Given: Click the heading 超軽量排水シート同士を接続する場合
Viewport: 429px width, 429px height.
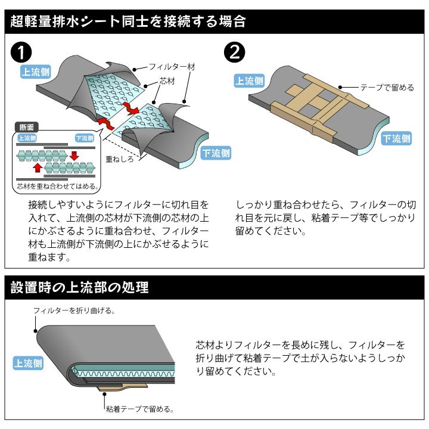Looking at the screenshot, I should [128, 22].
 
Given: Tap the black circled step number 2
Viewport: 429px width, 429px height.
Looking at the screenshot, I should [233, 52].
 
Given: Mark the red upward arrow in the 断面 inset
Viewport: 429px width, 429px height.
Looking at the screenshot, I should [38, 167].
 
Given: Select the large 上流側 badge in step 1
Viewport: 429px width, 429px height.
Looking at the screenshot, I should [35, 71].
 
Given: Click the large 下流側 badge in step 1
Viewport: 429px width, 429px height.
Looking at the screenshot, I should [216, 153].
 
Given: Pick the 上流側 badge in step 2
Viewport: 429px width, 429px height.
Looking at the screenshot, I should [249, 80].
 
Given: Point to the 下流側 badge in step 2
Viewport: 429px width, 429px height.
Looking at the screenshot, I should [396, 138].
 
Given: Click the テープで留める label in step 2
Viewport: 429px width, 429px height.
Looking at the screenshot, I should [387, 88].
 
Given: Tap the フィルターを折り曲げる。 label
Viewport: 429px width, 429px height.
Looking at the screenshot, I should [74, 310].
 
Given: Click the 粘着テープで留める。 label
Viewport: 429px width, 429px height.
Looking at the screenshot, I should [139, 409].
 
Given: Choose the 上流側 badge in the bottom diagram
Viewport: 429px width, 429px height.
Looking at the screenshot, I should [28, 363].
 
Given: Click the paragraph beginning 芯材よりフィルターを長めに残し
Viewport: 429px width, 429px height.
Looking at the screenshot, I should [300, 358].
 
